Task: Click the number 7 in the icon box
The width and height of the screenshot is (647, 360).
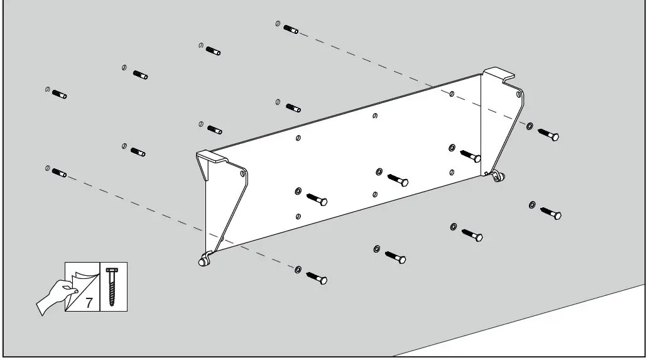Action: click(89, 302)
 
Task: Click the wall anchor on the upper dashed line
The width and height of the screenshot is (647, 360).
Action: click(290, 28)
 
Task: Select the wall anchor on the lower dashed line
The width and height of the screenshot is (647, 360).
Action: click(59, 172)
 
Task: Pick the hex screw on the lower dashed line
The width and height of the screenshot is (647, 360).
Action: click(317, 278)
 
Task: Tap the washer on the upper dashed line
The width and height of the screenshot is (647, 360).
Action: click(530, 126)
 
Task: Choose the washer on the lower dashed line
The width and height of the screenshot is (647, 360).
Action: click(298, 270)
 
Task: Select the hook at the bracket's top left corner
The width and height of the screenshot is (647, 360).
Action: click(212, 156)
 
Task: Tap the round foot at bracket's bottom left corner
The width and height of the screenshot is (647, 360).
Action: click(204, 259)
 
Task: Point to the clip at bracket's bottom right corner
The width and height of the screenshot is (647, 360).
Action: click(497, 177)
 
